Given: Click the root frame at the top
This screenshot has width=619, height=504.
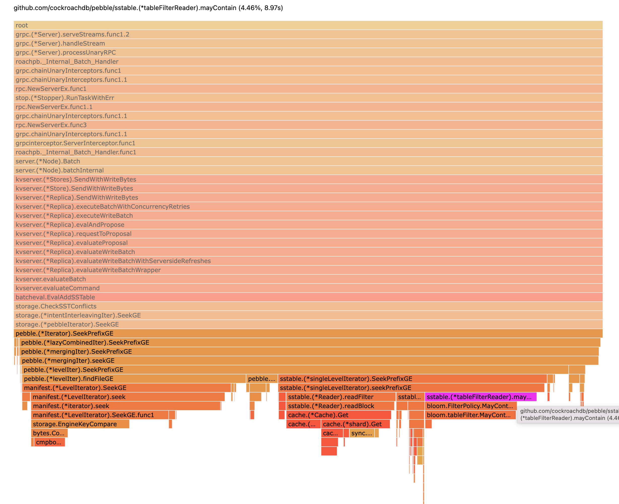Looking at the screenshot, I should [x=308, y=25].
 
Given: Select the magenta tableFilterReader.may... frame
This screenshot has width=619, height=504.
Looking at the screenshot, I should [x=480, y=397].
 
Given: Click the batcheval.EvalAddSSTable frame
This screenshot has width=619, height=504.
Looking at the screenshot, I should [x=308, y=297].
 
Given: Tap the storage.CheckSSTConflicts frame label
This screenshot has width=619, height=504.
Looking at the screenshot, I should [x=56, y=306].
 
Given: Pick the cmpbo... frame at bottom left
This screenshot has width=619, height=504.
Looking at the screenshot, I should [x=49, y=442].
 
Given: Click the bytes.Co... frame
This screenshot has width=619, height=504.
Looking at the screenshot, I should [x=49, y=433].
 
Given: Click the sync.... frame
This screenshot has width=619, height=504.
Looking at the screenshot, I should [x=361, y=433].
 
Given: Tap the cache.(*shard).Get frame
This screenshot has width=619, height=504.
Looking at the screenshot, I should [x=355, y=424].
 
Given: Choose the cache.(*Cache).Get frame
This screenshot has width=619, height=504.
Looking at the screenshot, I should [x=338, y=415].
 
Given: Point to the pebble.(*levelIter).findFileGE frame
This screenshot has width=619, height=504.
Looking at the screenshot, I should [x=133, y=379].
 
